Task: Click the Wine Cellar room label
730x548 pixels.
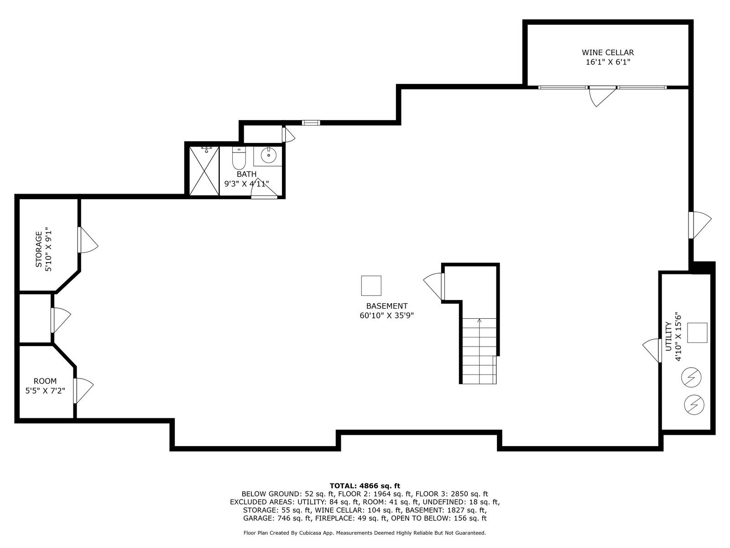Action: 608,53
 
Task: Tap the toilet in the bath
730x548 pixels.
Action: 239,158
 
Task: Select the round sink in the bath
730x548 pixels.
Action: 268,156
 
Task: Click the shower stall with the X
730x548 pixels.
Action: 204,171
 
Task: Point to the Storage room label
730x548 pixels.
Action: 39,249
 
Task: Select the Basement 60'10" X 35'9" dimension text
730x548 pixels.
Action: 386,316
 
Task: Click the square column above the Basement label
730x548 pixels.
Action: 371,286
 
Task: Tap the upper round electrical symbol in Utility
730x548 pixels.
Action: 691,378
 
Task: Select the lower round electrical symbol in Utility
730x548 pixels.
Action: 694,404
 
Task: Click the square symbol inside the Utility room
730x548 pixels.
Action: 697,332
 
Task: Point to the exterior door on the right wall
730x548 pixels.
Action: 699,225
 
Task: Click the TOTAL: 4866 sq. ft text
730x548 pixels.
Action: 365,486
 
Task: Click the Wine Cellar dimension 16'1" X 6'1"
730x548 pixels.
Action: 608,62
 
